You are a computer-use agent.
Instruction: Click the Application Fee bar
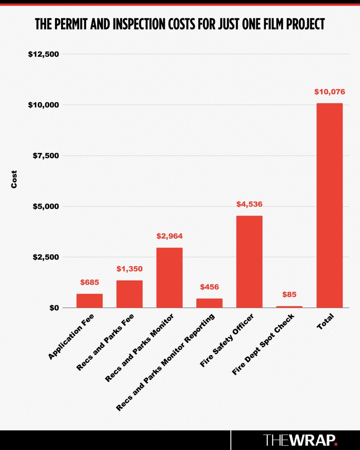[89, 301]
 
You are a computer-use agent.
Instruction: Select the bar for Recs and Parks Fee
[130, 294]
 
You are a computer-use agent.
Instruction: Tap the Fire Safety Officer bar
[249, 262]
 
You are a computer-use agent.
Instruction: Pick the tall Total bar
[329, 206]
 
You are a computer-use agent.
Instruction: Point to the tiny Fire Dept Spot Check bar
[289, 307]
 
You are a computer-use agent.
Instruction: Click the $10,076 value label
[330, 92]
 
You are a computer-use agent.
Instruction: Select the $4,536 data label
[249, 204]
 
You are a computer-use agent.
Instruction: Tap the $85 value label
[289, 294]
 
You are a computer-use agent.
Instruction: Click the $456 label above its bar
[209, 287]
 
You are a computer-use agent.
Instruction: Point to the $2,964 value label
[169, 236]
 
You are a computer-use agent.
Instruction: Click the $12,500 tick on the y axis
[44, 54]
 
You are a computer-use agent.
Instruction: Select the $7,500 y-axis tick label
[46, 156]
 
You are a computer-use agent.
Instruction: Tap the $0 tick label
[54, 308]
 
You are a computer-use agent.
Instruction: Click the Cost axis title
[14, 179]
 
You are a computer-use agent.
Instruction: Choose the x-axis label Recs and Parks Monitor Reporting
[165, 362]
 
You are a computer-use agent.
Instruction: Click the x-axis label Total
[325, 321]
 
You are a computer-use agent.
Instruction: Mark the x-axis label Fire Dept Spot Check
[263, 345]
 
